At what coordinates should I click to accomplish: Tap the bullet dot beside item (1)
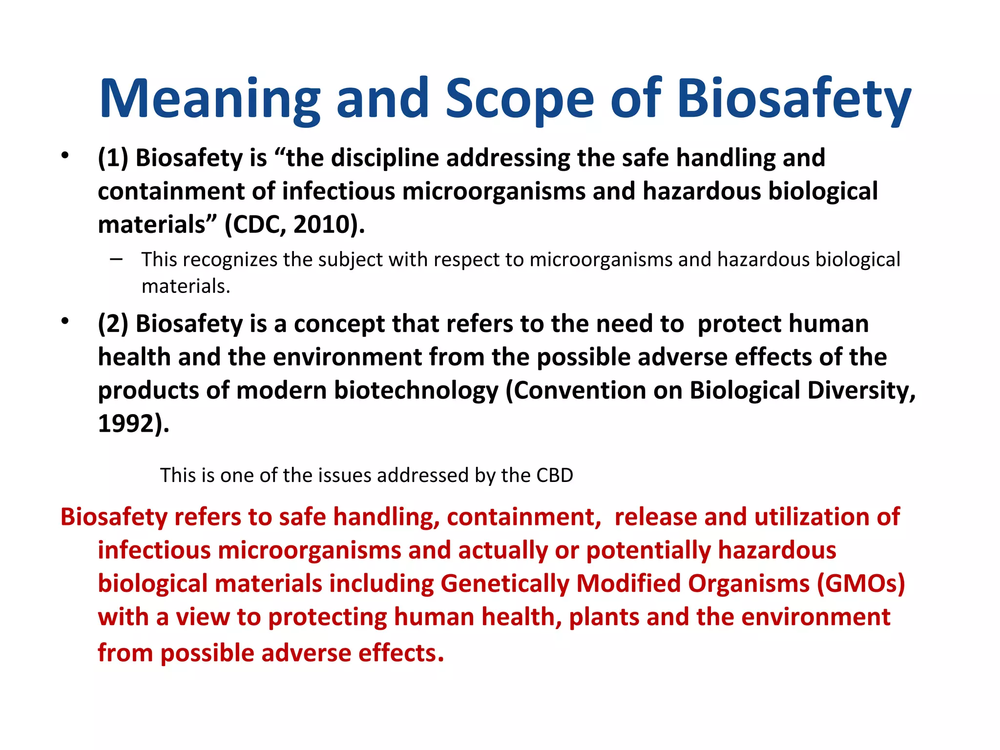[64, 156]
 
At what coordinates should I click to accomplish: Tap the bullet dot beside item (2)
[64, 321]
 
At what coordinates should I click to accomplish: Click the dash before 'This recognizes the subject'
[116, 259]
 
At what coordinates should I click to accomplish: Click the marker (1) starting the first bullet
[113, 158]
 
